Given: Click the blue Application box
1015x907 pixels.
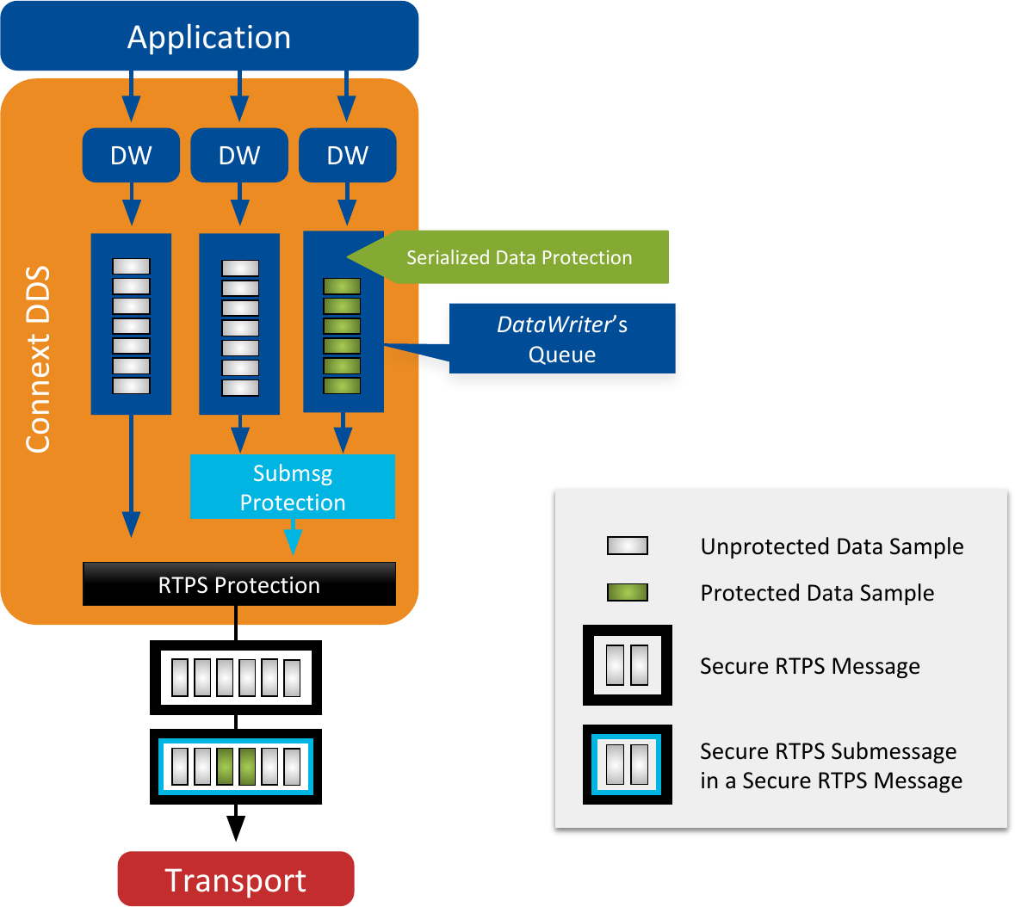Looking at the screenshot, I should (209, 36).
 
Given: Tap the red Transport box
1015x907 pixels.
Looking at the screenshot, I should (235, 879).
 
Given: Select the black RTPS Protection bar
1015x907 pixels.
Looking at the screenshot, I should (238, 584).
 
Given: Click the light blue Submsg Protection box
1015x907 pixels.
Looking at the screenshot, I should (293, 487).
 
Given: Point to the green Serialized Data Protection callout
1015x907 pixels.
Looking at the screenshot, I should (519, 257).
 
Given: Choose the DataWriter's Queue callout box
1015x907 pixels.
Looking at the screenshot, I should (562, 339).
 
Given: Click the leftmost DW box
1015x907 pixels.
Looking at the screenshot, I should (131, 156).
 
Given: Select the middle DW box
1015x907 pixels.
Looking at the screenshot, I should (239, 156).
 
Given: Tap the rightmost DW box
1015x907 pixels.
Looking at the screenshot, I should (348, 156).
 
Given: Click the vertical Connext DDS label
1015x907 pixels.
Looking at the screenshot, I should (38, 360).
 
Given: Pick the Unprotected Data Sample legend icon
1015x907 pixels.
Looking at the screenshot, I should (627, 546).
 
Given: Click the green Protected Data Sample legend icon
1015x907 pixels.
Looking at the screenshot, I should (627, 592).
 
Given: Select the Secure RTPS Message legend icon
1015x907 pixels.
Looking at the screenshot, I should (627, 665).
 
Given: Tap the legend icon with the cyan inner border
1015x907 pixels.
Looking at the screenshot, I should (627, 764).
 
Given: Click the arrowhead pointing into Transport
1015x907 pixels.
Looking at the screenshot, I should (235, 828).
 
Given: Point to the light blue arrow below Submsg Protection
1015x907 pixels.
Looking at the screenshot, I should (293, 540).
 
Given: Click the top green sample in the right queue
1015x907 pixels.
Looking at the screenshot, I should (342, 287).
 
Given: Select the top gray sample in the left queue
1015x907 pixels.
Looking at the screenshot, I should (131, 267).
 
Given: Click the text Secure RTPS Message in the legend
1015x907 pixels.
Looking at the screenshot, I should (809, 666).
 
